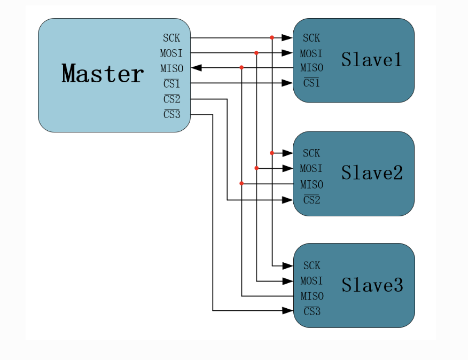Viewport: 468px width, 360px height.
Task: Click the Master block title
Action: click(103, 73)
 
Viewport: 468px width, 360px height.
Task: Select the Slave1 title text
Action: click(372, 59)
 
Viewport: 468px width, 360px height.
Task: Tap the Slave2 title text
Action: click(372, 173)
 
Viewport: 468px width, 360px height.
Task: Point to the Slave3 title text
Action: click(372, 285)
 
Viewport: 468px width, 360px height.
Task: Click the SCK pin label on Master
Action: click(171, 38)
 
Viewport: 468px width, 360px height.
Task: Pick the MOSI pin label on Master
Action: click(171, 53)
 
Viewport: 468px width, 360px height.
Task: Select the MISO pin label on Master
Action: click(171, 68)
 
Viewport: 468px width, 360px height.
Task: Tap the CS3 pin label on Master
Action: click(172, 114)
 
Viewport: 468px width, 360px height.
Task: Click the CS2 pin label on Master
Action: click(172, 99)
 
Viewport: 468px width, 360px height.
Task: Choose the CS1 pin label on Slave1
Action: click(311, 83)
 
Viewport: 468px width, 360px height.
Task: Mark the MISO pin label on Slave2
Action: click(311, 184)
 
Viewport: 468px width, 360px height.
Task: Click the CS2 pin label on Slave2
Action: click(311, 200)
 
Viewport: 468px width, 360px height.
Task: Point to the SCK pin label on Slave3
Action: click(311, 265)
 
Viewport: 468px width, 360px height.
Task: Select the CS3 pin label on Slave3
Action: click(312, 311)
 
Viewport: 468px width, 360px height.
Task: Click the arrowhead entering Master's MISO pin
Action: click(196, 68)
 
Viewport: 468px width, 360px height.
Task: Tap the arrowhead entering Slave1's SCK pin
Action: click(287, 37)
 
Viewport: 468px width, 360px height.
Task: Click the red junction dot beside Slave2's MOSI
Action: click(256, 168)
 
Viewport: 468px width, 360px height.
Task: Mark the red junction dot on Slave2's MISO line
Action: click(241, 183)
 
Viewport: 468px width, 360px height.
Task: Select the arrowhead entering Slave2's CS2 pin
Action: click(287, 200)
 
